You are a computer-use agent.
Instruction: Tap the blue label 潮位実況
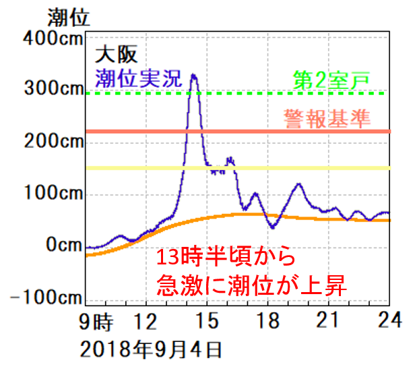click(x=139, y=76)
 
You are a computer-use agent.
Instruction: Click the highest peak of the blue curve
click(x=194, y=75)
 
